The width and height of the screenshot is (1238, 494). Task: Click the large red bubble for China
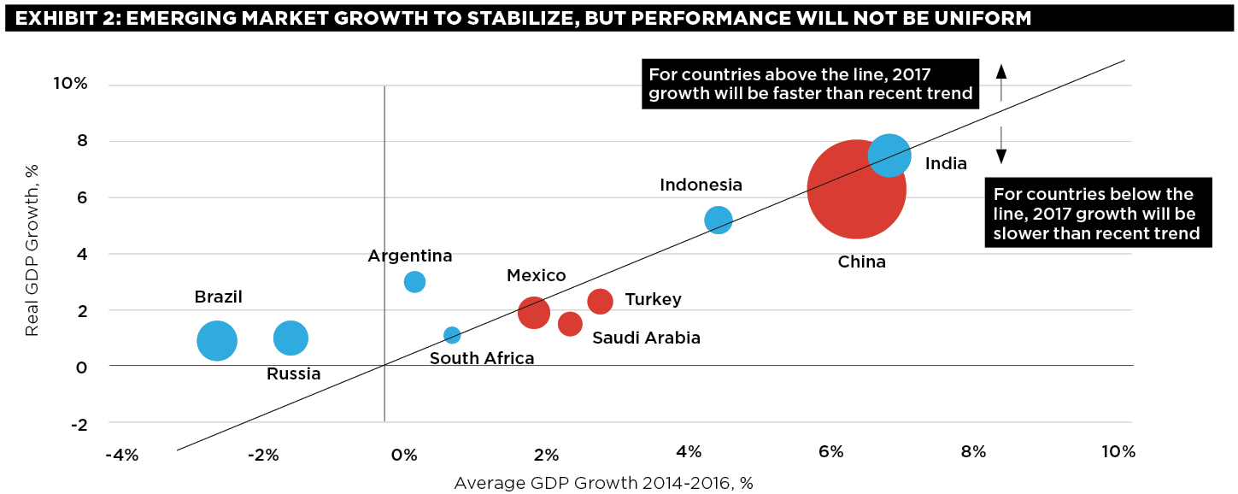856,190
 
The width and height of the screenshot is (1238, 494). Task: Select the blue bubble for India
889,155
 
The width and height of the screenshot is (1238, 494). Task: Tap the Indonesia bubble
719,220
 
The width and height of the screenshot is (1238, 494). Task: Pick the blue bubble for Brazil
217,340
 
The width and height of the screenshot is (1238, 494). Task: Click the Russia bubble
290,338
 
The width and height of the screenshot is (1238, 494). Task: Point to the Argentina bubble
414,281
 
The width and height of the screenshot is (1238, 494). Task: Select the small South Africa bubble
452,335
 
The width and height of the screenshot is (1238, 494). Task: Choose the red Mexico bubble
533,312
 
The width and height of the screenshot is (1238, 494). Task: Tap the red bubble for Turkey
601,301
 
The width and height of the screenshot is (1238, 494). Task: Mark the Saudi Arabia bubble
570,324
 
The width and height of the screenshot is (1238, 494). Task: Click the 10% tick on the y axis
71,85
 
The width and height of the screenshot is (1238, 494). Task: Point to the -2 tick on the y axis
79,424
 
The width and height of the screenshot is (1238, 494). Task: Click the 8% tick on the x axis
974,452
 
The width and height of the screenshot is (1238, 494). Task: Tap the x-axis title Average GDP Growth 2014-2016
603,483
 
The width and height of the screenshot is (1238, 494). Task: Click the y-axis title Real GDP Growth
32,254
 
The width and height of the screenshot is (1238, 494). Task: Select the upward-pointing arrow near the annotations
1002,82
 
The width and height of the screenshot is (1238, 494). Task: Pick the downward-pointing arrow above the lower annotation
1002,145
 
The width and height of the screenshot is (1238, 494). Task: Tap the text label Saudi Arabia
646,338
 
